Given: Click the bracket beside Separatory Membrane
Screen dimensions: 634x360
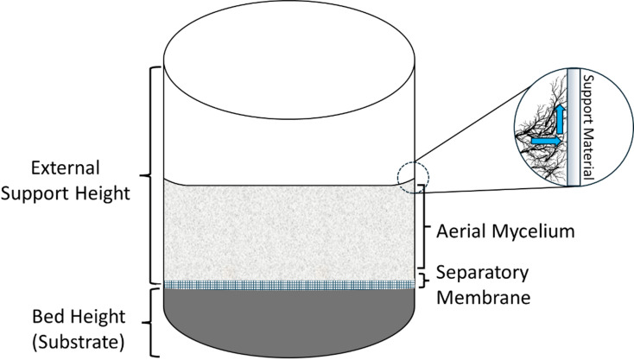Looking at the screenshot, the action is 423,280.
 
